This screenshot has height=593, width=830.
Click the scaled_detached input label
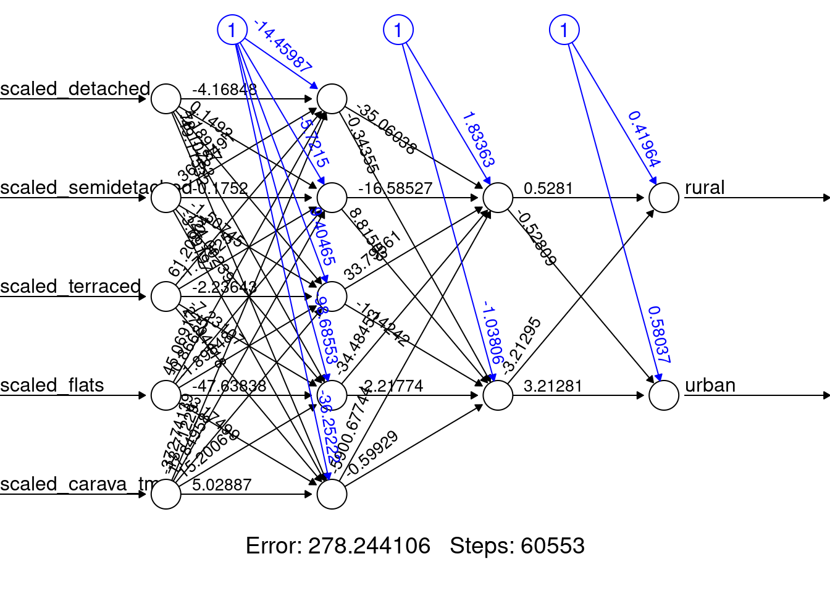tap(75, 89)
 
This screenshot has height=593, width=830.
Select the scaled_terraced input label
tap(70, 287)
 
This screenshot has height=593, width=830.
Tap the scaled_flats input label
tap(52, 385)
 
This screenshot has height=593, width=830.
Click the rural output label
tap(705, 188)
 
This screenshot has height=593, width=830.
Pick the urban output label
tap(710, 385)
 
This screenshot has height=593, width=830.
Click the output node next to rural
tap(664, 198)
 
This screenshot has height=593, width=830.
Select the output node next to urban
tap(664, 395)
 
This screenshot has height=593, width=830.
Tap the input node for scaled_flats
tap(166, 395)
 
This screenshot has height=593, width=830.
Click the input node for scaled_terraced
tap(166, 296)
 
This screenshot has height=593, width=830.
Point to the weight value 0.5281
tap(548, 188)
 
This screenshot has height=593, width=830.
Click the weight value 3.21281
tap(553, 386)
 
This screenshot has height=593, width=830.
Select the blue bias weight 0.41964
tap(644, 139)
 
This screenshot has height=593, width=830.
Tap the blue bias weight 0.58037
tap(659, 334)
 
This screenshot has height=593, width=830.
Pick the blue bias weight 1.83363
tap(478, 140)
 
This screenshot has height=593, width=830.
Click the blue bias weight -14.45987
tap(283, 46)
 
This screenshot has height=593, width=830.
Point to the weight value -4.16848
tap(224, 90)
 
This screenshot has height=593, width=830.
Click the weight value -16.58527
tap(395, 188)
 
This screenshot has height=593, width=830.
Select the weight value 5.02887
tap(222, 485)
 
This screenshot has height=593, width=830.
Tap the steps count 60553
tap(552, 546)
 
